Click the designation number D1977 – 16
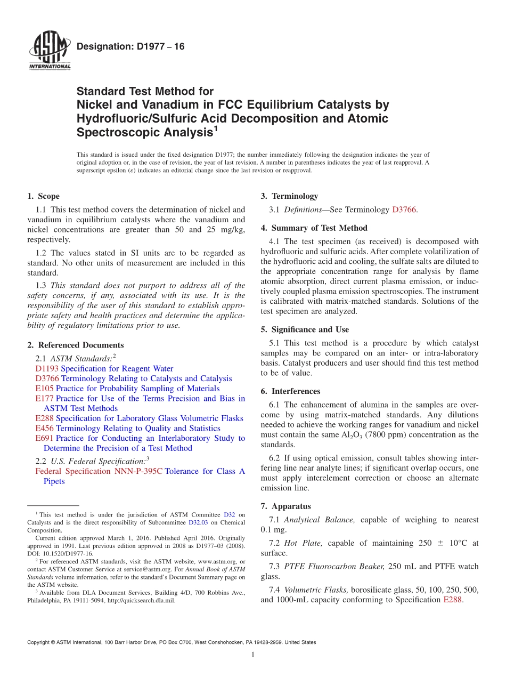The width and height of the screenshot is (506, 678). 130,47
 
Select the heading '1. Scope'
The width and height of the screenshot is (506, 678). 44,196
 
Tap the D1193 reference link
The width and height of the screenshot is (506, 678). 47,368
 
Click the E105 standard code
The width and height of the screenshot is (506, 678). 44,389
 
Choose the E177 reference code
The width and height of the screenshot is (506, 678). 44,398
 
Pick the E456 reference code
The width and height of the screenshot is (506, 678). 45,428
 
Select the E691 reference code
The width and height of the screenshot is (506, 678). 44,438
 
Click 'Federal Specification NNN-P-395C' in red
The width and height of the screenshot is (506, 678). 99,471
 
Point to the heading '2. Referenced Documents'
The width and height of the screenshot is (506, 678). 75,345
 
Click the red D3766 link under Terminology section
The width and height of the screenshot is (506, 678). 404,209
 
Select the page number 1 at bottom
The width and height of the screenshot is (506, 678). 253,655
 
